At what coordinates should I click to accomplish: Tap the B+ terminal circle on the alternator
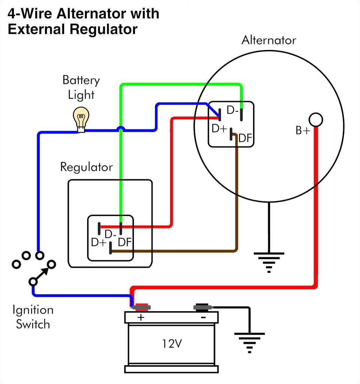pyautogui.click(x=315, y=120)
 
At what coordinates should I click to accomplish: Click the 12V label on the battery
pyautogui.click(x=172, y=343)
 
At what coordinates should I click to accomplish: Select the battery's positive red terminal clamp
pyautogui.click(x=141, y=307)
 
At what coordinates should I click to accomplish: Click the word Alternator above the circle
pyautogui.click(x=268, y=40)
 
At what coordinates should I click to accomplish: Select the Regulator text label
pyautogui.click(x=86, y=167)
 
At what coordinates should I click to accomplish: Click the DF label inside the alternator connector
pyautogui.click(x=245, y=138)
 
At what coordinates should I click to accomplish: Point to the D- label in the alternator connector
pyautogui.click(x=232, y=111)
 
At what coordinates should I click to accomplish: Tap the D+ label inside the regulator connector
pyautogui.click(x=99, y=243)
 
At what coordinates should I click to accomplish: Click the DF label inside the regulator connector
pyautogui.click(x=124, y=242)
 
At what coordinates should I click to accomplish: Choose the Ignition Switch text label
pyautogui.click(x=33, y=317)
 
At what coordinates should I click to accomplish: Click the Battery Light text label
pyautogui.click(x=81, y=87)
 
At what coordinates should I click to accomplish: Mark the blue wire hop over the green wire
pyautogui.click(x=120, y=130)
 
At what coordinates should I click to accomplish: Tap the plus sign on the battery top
pyautogui.click(x=141, y=318)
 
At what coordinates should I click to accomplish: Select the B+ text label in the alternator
pyautogui.click(x=303, y=130)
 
